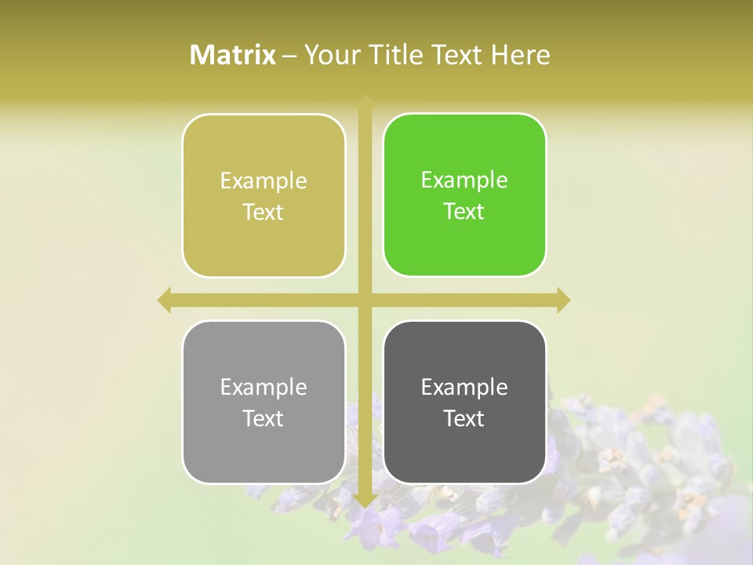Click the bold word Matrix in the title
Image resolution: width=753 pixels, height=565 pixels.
(233, 55)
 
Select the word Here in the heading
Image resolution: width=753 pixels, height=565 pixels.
(520, 55)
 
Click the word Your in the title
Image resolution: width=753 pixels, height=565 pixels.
(329, 55)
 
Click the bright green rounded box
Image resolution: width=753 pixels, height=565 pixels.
(464, 195)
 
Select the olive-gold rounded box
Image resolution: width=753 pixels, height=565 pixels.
(264, 195)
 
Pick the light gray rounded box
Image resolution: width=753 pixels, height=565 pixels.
(264, 402)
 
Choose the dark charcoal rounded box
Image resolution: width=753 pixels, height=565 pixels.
(464, 402)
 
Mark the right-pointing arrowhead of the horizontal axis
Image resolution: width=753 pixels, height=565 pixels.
(563, 300)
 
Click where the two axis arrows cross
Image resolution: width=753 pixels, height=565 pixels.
(365, 300)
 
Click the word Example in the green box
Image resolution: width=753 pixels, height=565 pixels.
(464, 180)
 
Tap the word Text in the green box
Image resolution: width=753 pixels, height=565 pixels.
(464, 211)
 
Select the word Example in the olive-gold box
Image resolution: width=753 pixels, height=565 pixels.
(264, 181)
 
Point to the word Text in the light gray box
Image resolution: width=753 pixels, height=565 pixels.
(264, 418)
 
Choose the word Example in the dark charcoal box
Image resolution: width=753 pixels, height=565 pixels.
(464, 387)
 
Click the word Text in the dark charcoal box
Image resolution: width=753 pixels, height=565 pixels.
(464, 418)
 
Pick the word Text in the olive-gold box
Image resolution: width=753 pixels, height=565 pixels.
(264, 212)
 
